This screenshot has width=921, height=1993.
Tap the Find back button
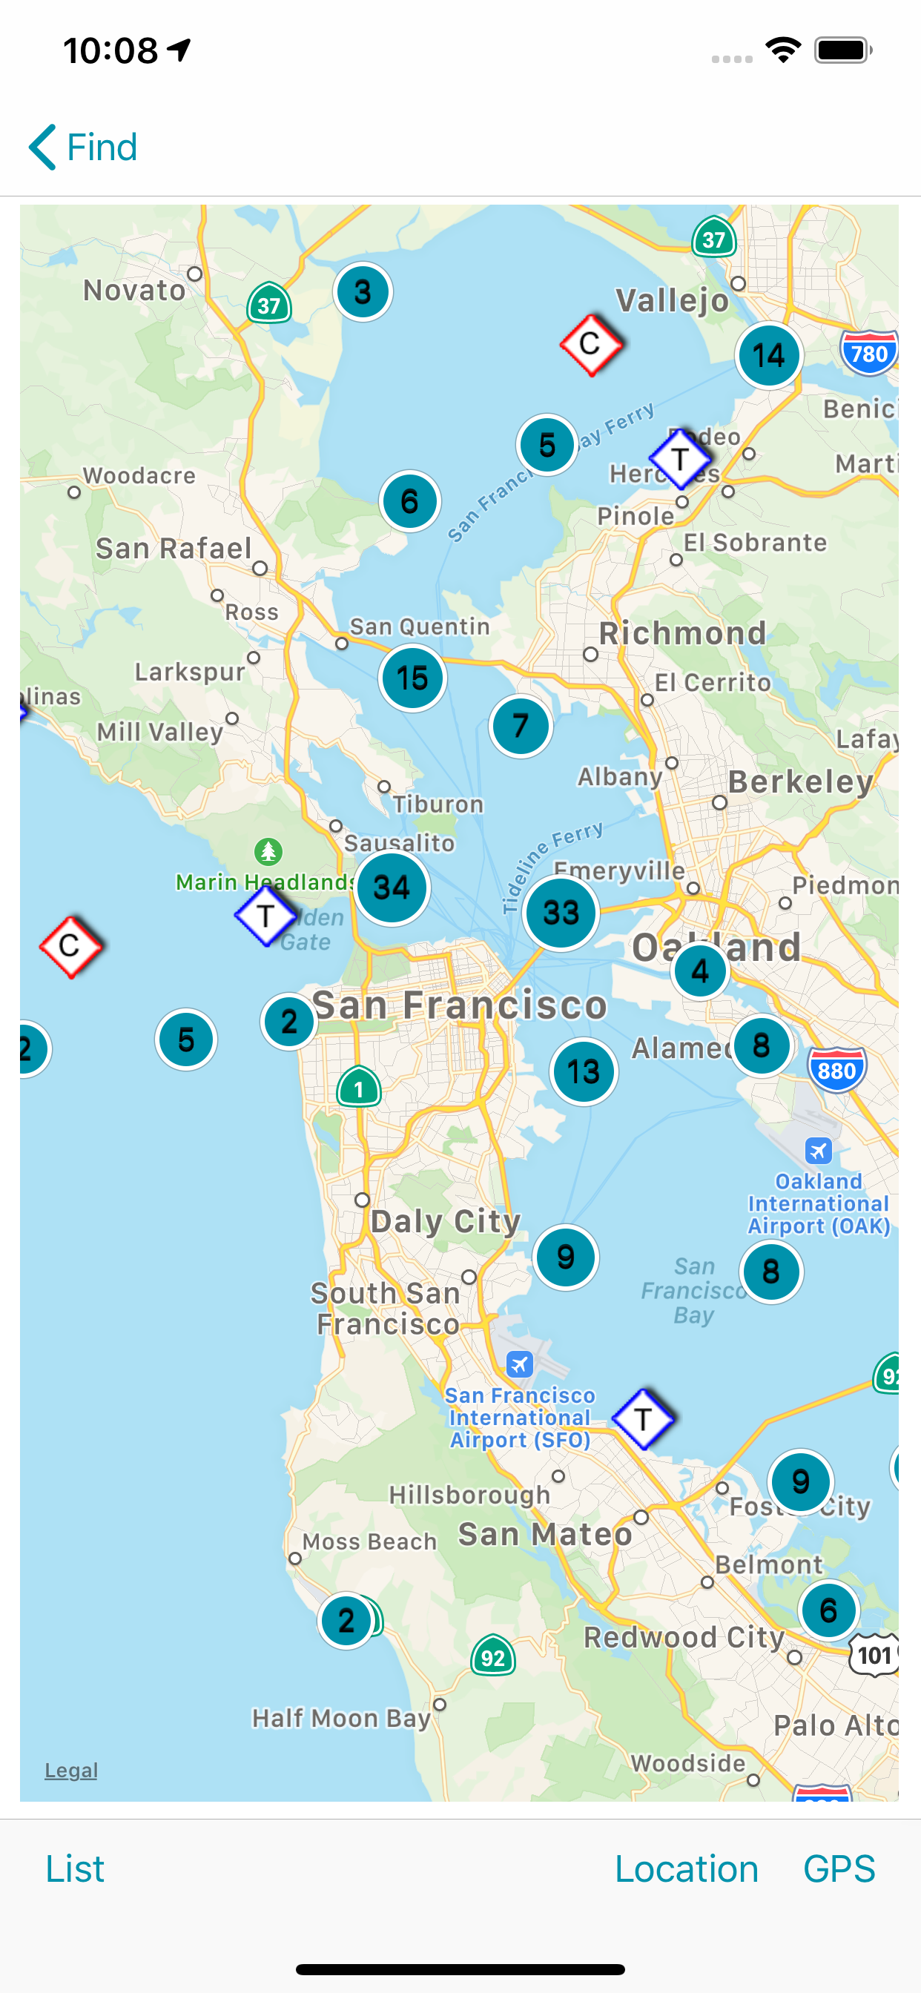[84, 147]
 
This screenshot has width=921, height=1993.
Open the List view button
[74, 1868]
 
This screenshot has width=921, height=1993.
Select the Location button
[686, 1868]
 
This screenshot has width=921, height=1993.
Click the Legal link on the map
[70, 1770]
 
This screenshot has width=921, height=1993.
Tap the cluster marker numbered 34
[392, 888]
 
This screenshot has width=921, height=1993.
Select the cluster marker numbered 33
[561, 913]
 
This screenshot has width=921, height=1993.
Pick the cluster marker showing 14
[768, 356]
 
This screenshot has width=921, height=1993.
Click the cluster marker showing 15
[412, 678]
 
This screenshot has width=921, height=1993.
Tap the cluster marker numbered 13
[584, 1071]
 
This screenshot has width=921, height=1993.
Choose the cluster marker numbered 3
[362, 292]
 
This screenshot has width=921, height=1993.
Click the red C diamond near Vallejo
[590, 344]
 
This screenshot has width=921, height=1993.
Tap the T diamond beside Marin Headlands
[265, 916]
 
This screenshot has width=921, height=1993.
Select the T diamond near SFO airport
[642, 1419]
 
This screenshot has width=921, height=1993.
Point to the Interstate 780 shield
[868, 353]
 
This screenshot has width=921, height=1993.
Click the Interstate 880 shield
[836, 1070]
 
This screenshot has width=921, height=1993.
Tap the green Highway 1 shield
[358, 1088]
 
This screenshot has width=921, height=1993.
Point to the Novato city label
[135, 291]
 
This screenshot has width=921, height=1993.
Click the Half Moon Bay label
[341, 1719]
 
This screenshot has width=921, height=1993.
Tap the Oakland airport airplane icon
[818, 1151]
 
